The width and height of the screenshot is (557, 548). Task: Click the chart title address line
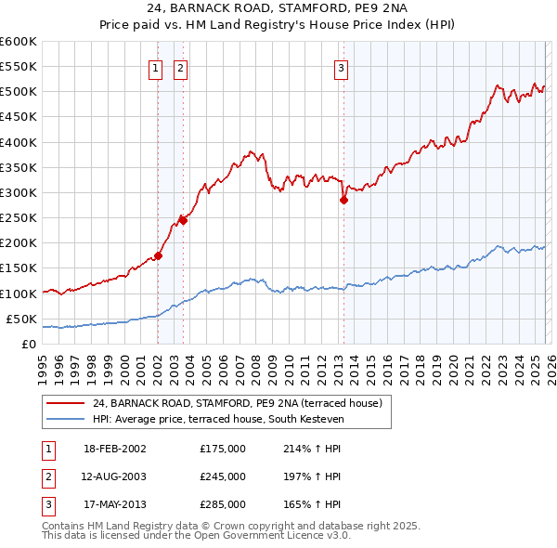pos(278,8)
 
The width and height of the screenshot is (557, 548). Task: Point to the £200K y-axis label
pos(18,243)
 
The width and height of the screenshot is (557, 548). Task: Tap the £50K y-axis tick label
pos(20,319)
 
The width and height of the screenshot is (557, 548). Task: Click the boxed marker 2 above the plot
pos(179,67)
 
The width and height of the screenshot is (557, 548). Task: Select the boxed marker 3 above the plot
pos(341,67)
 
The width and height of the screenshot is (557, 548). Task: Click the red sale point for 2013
pos(343,200)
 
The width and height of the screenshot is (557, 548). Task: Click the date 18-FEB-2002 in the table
pos(115,449)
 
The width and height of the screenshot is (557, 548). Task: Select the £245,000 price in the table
pos(223,476)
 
